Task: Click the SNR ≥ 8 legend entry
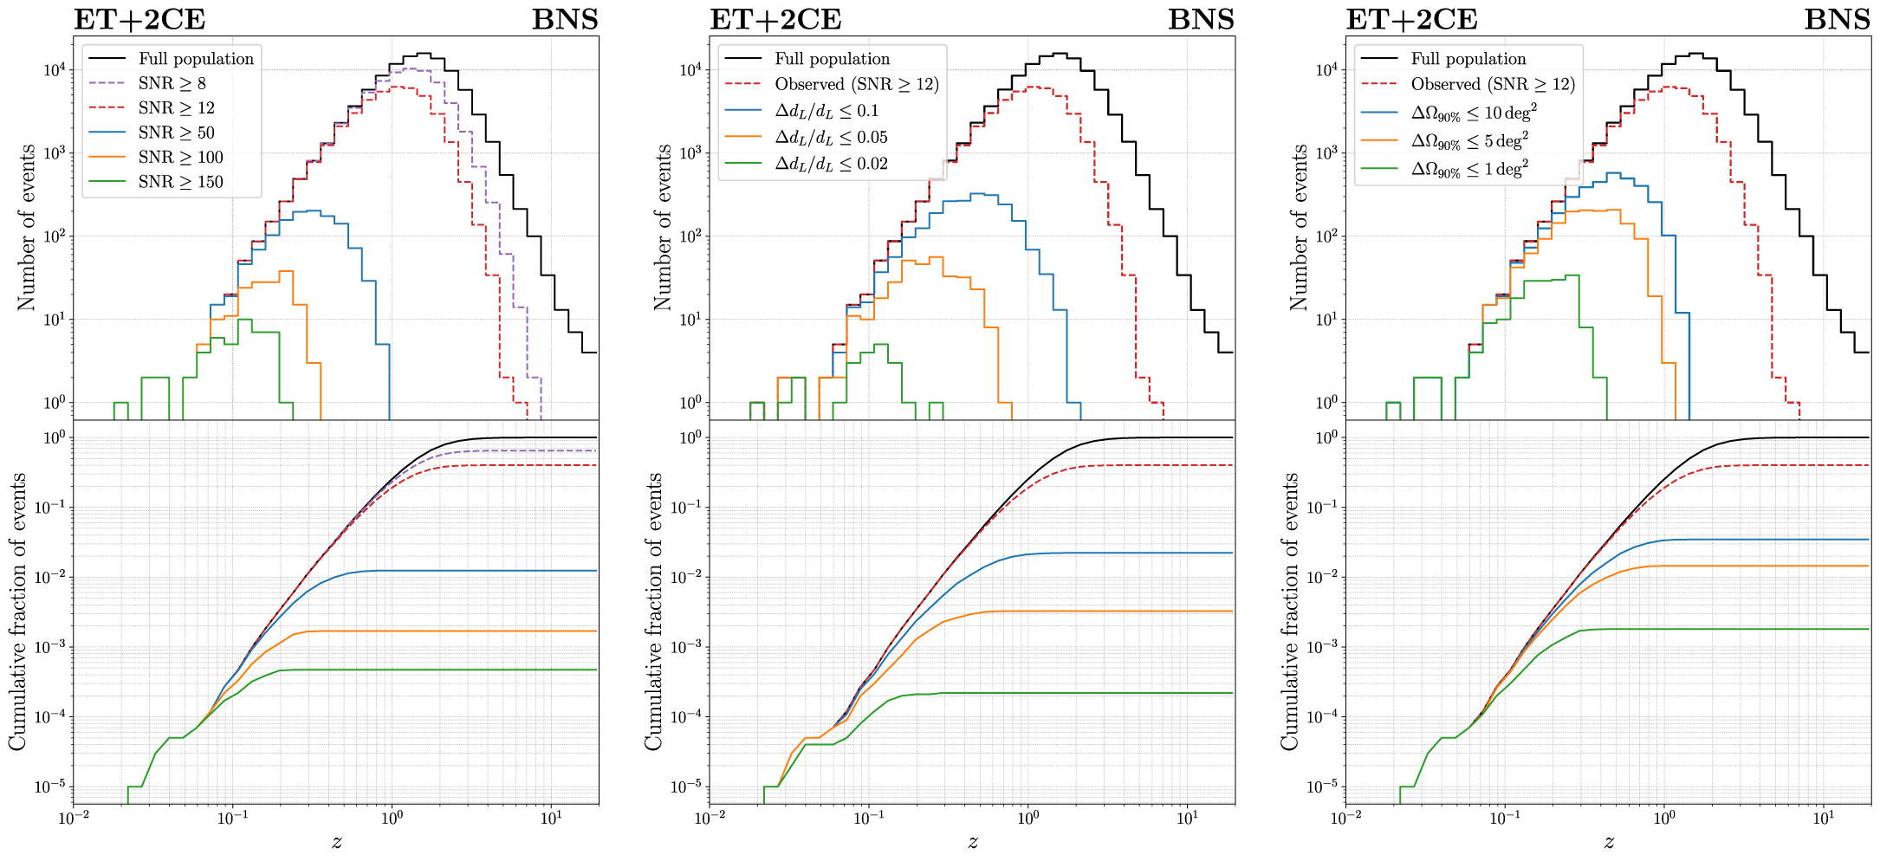pyautogui.click(x=172, y=83)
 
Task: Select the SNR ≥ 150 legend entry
pyautogui.click(x=180, y=182)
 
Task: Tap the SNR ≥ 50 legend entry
pyautogui.click(x=176, y=133)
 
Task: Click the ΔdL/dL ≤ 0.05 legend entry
pyautogui.click(x=831, y=137)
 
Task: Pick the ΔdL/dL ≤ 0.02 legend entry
pyautogui.click(x=831, y=164)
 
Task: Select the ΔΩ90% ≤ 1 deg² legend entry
pyautogui.click(x=1469, y=168)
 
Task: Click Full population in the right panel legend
pyautogui.click(x=1468, y=59)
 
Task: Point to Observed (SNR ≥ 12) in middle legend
pyautogui.click(x=856, y=84)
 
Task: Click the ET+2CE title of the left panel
pyautogui.click(x=139, y=19)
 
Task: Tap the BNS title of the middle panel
pyautogui.click(x=1201, y=19)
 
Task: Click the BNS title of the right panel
pyautogui.click(x=1837, y=19)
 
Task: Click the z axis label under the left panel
pyautogui.click(x=336, y=842)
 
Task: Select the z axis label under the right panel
pyautogui.click(x=1609, y=842)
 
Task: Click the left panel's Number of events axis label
pyautogui.click(x=27, y=227)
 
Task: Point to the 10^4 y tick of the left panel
pyautogui.click(x=54, y=69)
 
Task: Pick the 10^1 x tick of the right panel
pyautogui.click(x=1823, y=818)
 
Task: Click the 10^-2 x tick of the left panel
pyautogui.click(x=75, y=818)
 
